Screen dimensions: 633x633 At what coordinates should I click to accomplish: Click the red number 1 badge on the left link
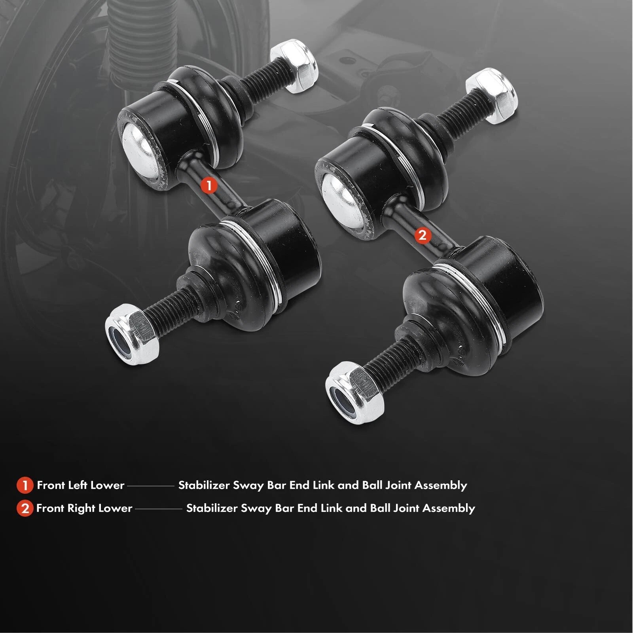click(x=209, y=185)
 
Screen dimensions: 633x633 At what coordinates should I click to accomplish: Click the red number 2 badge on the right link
click(x=422, y=236)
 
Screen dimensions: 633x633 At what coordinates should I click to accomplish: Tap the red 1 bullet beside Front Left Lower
click(x=25, y=485)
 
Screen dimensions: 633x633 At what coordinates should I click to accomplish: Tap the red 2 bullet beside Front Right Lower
click(x=25, y=508)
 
